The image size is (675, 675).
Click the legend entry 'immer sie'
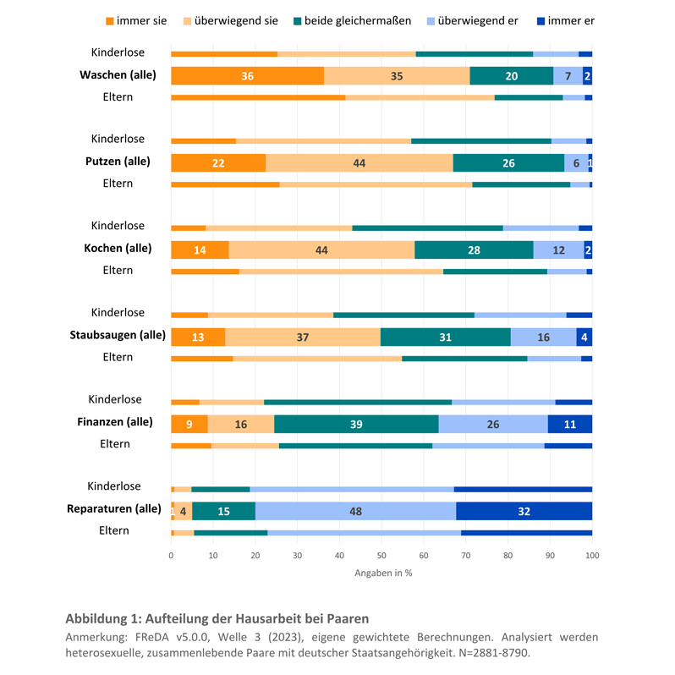point(140,20)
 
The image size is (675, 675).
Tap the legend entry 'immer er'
point(564,20)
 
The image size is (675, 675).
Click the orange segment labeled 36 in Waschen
point(247,76)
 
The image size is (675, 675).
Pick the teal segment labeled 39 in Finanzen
point(356,424)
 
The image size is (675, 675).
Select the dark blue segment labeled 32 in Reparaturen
point(524,511)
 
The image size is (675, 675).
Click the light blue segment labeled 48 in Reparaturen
point(355,511)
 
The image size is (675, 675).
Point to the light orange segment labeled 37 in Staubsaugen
point(303,337)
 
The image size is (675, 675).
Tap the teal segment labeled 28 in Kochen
point(474,250)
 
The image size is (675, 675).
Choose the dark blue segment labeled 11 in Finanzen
point(569,424)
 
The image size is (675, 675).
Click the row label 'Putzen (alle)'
point(118,161)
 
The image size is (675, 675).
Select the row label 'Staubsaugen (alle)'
point(118,335)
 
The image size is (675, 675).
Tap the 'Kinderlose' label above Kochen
point(118,226)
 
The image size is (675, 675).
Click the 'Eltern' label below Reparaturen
point(114,530)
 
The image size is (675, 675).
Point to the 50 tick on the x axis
point(381,556)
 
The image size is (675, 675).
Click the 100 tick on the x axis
point(591,556)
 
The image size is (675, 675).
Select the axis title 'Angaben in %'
point(383,573)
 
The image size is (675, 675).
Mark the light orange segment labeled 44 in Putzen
point(359,163)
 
